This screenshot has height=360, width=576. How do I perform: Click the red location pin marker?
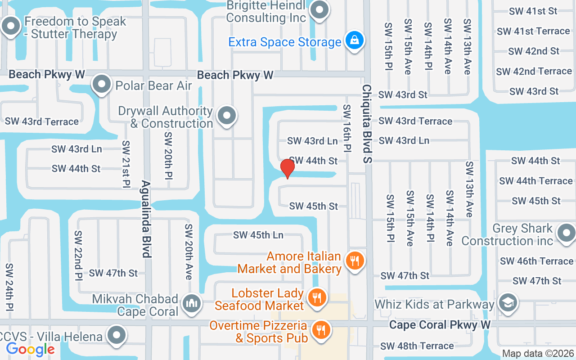[287, 169]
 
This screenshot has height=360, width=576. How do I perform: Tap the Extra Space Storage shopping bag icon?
[354, 41]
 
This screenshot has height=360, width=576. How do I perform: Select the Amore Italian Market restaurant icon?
[355, 261]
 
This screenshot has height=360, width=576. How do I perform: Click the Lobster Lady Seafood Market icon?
[317, 297]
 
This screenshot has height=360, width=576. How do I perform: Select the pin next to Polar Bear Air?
[102, 84]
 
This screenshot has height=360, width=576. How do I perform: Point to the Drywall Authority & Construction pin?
[226, 116]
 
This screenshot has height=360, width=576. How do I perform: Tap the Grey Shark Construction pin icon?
[565, 233]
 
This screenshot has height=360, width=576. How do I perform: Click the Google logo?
[30, 349]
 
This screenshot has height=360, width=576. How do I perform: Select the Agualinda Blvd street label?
[146, 219]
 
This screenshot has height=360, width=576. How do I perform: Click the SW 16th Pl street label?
[347, 128]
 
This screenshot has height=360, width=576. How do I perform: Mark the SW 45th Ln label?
[258, 235]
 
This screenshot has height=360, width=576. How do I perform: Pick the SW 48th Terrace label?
[417, 346]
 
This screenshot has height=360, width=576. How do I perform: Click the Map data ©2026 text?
[538, 353]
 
